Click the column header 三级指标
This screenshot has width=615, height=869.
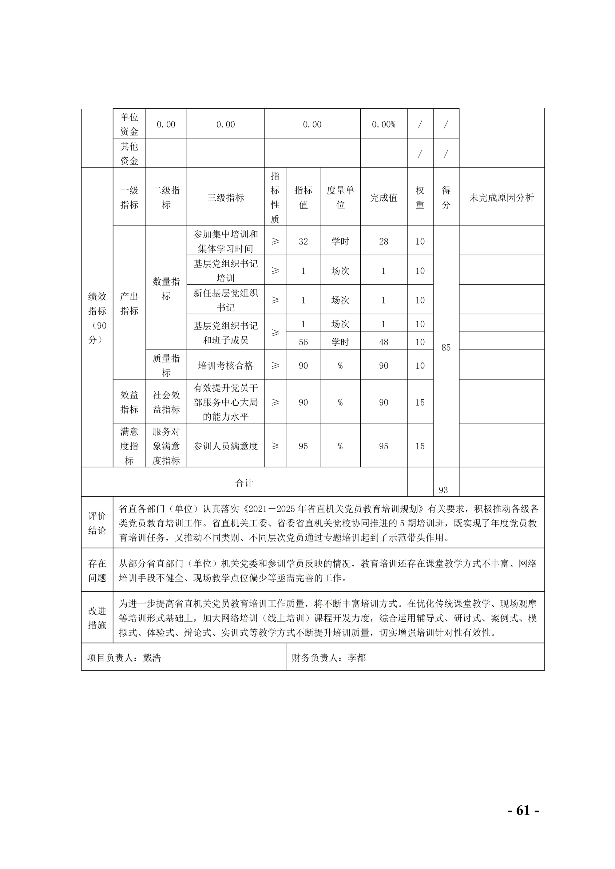click(x=225, y=198)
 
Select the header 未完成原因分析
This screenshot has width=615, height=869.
click(x=502, y=198)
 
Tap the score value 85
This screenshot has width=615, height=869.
click(x=446, y=348)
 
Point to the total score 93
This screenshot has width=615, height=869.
click(x=443, y=490)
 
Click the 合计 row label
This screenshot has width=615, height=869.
click(x=244, y=482)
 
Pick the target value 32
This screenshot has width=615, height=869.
click(x=303, y=242)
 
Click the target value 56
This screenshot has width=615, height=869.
click(x=303, y=342)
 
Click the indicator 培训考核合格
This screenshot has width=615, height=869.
click(x=225, y=366)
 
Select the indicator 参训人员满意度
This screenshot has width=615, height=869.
click(x=225, y=446)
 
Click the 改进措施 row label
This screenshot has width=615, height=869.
click(x=97, y=618)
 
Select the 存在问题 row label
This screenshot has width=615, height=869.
click(x=97, y=570)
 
